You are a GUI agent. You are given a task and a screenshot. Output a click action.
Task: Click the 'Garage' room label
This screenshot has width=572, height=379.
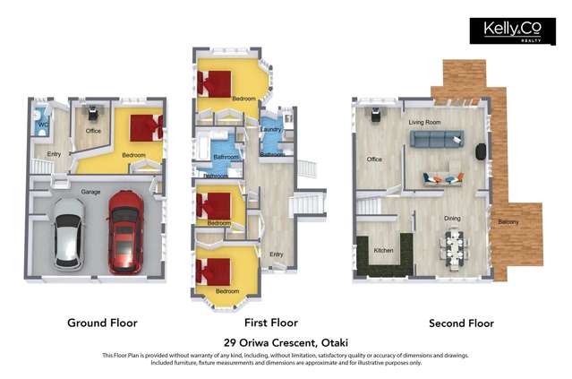pos(90,192)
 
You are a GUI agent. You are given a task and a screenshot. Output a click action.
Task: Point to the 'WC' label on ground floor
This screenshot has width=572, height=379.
pos(43,125)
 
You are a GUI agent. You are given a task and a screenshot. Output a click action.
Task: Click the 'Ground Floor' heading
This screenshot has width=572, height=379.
pos(102,323)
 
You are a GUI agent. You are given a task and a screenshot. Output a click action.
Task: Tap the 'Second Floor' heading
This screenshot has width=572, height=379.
pos(461,323)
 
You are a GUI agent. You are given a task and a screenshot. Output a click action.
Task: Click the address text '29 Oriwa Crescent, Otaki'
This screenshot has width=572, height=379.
pos(285,342)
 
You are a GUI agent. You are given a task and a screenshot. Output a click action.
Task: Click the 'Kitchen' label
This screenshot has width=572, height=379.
pos(383,250)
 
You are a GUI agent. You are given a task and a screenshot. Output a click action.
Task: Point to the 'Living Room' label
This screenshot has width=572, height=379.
pos(424,121)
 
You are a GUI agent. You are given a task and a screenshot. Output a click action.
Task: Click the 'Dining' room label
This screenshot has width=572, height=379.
pos(453,217)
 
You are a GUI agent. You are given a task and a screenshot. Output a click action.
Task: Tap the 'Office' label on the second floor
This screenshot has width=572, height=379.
pos(374,159)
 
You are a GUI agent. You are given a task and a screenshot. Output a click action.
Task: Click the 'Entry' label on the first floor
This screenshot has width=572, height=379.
pos(276,254)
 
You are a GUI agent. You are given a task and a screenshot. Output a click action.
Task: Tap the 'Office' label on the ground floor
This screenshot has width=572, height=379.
pos(93,131)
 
